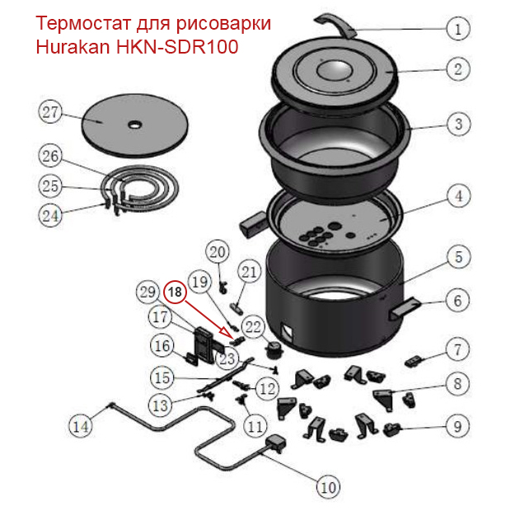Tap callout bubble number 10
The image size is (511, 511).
click(328, 487)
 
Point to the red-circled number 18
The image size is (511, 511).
click(176, 293)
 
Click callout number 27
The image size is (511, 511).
click(52, 113)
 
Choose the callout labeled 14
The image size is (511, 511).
click(79, 426)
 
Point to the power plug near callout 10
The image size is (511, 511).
click(275, 444)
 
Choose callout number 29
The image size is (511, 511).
click(148, 293)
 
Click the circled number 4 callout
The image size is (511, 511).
click(458, 197)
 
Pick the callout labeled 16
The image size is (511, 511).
click(162, 345)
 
